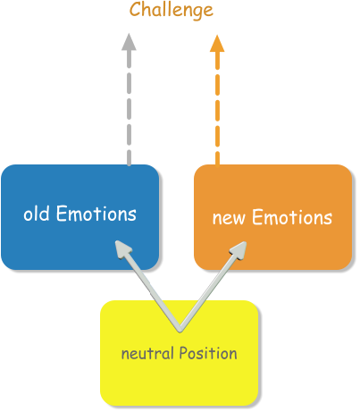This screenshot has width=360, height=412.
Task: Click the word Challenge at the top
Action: pyautogui.click(x=172, y=10)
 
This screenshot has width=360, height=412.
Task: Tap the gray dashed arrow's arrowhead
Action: pyautogui.click(x=129, y=42)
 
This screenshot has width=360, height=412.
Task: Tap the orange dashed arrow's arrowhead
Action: pyautogui.click(x=217, y=42)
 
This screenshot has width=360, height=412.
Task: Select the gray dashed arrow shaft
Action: pyautogui.click(x=129, y=107)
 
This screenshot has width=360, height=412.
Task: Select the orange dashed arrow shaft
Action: pyautogui.click(x=217, y=107)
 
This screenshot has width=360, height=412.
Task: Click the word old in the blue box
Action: pyautogui.click(x=36, y=214)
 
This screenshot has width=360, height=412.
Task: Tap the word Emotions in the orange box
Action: pyautogui.click(x=291, y=218)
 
